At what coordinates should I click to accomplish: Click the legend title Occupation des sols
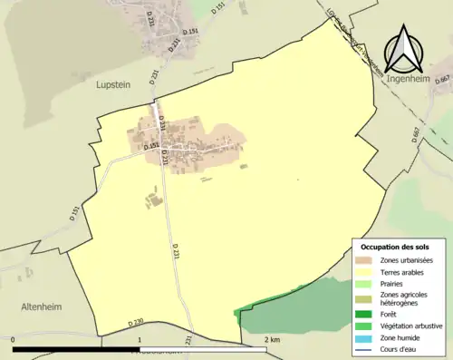(395, 247)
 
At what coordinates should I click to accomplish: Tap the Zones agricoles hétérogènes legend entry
(404, 298)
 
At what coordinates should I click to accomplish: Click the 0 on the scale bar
(14, 340)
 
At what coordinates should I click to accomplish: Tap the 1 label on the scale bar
(139, 340)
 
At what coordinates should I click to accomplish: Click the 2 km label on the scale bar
(272, 340)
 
